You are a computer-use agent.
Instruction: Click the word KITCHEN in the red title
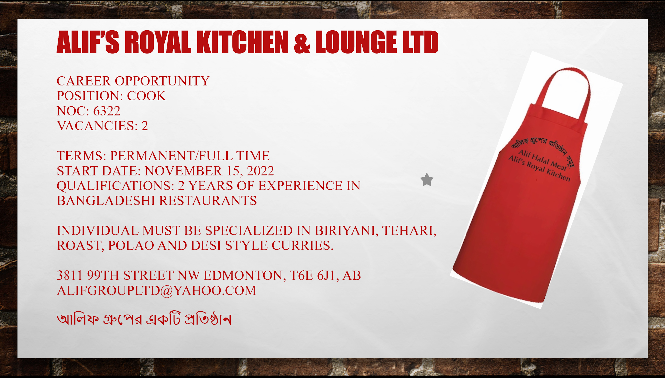[x=242, y=42]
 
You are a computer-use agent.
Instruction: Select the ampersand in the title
[x=302, y=43]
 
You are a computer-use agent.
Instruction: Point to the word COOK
[x=146, y=96]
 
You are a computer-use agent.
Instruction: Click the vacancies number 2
[x=145, y=126]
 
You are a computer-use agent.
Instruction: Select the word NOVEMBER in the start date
[x=184, y=171]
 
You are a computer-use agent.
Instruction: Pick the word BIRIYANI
[x=346, y=231]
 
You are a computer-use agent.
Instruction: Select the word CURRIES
[x=302, y=246]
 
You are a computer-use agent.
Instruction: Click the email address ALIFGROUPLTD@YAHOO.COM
[x=157, y=291]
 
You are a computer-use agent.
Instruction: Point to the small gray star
[x=427, y=180]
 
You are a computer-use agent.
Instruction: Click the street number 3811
[x=70, y=276]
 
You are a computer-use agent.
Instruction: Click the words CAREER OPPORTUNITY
[x=133, y=81]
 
